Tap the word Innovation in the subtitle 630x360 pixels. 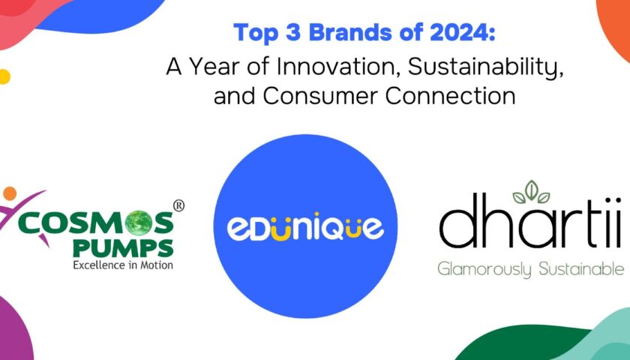(339, 66)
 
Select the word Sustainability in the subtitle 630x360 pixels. (486, 67)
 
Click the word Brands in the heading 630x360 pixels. (350, 32)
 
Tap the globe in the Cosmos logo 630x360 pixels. (138, 223)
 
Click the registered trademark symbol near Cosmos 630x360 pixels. (178, 205)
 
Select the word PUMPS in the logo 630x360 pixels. (123, 248)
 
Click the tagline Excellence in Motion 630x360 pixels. (123, 265)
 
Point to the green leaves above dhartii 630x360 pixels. (531, 192)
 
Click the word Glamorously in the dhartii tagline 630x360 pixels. (485, 268)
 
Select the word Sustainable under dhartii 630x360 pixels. (581, 268)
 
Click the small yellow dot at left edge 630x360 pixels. (4, 76)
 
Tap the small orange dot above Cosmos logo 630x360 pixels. (10, 193)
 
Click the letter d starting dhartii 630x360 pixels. (457, 221)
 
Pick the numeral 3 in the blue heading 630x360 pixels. (293, 32)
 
